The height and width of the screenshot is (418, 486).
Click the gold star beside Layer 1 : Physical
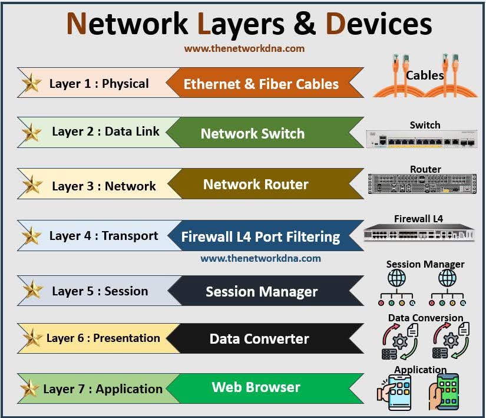point(31,84)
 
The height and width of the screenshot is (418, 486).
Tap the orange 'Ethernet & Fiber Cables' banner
point(261,84)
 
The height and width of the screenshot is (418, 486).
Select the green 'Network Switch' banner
point(252,133)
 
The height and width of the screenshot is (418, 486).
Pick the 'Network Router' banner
point(256,185)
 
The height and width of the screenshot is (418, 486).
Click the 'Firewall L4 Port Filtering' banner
point(260,237)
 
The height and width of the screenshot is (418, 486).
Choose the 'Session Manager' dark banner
point(262,291)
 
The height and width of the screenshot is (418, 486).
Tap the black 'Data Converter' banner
point(259,339)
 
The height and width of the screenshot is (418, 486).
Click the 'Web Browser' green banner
point(256,387)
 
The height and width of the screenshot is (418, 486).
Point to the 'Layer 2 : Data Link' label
point(105,131)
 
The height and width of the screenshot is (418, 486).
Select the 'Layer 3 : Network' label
point(104,186)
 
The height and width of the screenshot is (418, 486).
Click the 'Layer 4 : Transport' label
point(104,236)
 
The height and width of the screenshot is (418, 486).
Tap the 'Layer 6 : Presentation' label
point(103,338)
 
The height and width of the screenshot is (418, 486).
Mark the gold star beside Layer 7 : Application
point(29,389)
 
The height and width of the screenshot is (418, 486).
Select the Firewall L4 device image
point(419,233)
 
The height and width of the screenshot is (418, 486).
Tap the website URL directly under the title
point(244,49)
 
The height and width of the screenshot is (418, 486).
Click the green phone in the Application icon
point(447,391)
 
